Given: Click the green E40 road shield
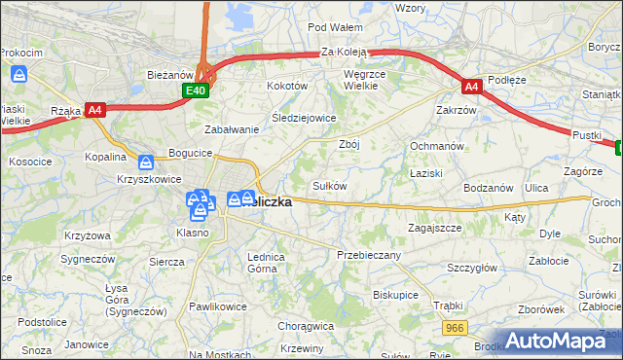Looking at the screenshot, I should (x=197, y=90).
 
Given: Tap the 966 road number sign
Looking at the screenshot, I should (x=453, y=329).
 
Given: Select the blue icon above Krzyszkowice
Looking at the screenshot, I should (x=146, y=162).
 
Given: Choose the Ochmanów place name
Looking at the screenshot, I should (x=433, y=146).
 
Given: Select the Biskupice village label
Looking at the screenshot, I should (x=395, y=293).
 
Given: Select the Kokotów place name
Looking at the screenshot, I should (x=287, y=86).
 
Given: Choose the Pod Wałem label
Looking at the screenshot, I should (x=335, y=27).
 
